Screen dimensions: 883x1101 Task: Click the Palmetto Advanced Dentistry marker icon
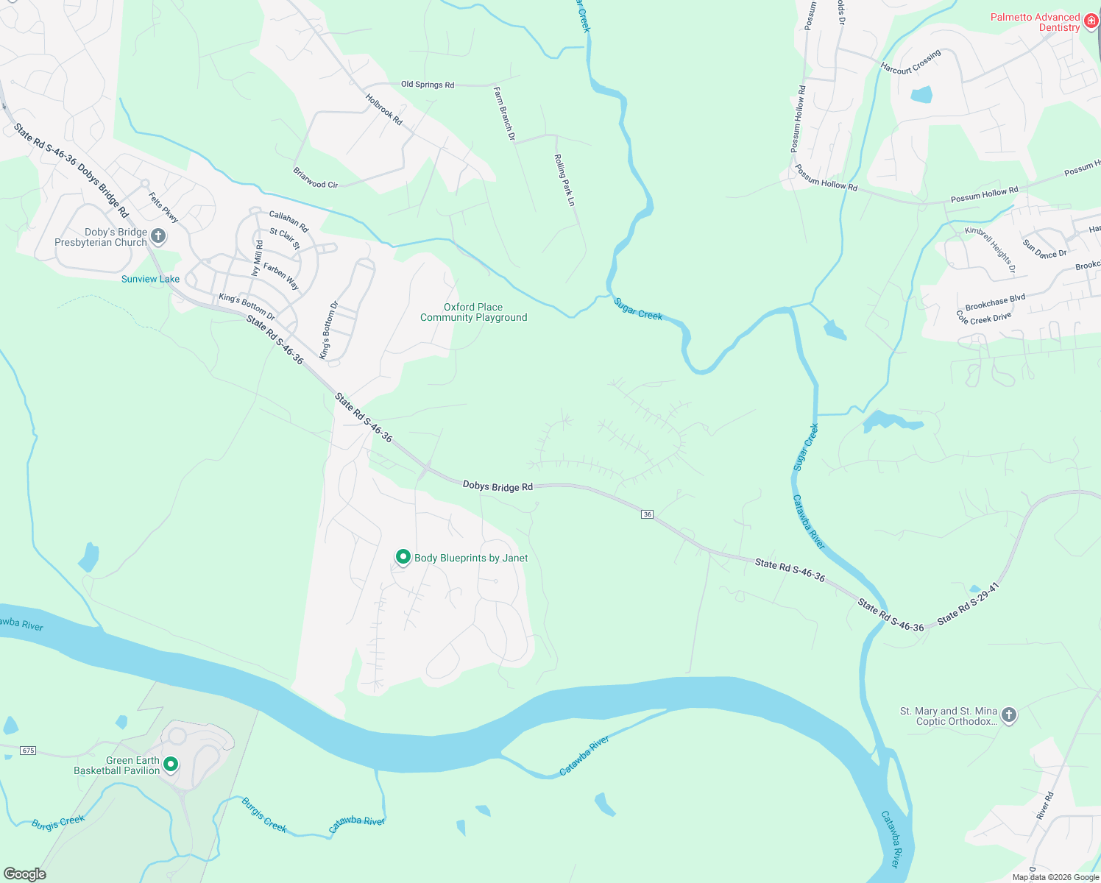point(1091,23)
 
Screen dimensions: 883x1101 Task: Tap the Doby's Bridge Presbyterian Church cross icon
point(158,236)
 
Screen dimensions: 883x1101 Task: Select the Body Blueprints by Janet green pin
point(403,557)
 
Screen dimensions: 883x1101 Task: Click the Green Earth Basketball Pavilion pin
point(171,765)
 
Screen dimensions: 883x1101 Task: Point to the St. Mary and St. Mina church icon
point(1009,714)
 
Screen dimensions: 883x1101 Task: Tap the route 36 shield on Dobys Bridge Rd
point(648,514)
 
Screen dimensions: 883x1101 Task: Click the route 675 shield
point(28,751)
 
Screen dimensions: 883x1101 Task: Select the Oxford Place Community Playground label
point(473,313)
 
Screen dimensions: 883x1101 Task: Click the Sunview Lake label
point(150,279)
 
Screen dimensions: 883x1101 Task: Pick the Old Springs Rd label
point(428,85)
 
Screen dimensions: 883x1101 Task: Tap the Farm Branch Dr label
point(504,113)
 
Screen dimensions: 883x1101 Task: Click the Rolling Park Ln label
point(564,180)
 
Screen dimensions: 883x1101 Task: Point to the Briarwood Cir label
point(316,178)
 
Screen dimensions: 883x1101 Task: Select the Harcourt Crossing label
point(911,63)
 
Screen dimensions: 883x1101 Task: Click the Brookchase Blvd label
point(995,302)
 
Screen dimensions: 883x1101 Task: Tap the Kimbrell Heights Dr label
point(991,250)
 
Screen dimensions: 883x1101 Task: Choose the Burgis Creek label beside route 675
point(58,823)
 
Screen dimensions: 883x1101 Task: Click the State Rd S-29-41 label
point(968,604)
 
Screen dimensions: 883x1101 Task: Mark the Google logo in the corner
point(25,874)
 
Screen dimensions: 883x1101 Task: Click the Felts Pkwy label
point(163,208)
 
